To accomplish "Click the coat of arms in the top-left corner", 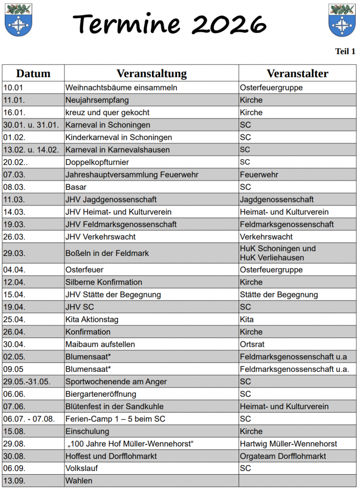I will [18, 20].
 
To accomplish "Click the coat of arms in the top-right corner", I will [342, 20].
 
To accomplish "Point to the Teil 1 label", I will [345, 51].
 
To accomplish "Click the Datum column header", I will [33, 73].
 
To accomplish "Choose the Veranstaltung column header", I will [152, 73].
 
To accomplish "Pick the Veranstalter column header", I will [297, 73].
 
